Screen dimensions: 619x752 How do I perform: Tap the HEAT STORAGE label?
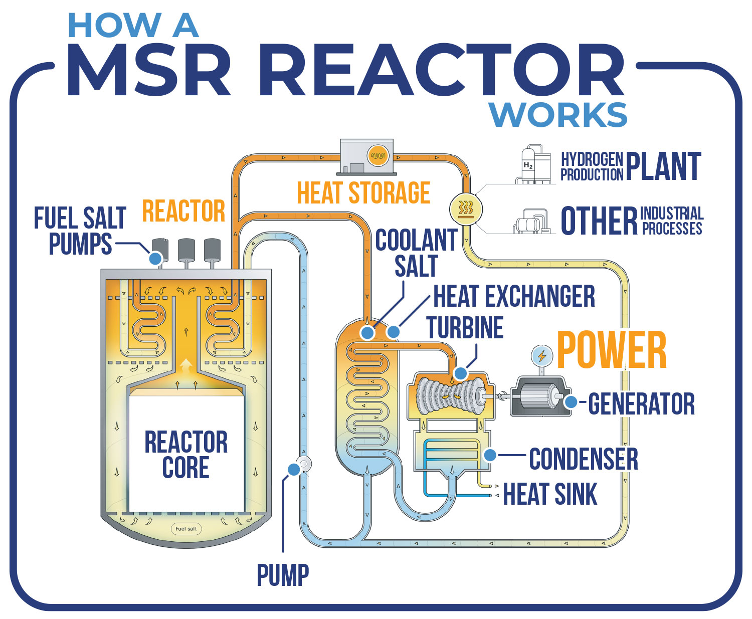[363, 193]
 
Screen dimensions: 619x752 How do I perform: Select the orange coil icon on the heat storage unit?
[378, 155]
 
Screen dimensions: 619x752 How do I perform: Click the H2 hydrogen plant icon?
[529, 165]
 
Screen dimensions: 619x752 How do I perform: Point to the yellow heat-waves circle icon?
[466, 209]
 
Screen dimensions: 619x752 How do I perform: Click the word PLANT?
[663, 167]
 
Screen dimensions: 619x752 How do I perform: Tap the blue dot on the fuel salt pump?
[155, 258]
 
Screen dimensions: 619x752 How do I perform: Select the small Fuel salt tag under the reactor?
[186, 528]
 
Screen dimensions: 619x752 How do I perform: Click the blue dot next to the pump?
[293, 469]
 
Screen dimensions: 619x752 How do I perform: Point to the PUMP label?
[283, 575]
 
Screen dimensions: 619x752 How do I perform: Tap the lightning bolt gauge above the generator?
[541, 356]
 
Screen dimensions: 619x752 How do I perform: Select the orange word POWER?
[611, 350]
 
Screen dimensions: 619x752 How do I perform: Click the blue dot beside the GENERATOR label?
[571, 401]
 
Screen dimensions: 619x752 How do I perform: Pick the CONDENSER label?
[584, 459]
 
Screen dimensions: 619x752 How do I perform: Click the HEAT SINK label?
[550, 494]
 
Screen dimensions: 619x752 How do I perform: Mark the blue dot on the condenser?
[490, 455]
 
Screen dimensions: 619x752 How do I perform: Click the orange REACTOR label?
[183, 211]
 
